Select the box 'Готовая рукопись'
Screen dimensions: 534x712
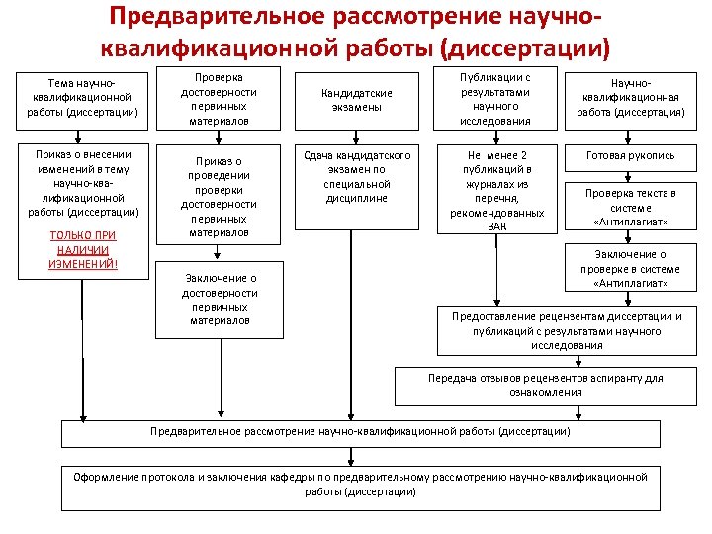pos(630,156)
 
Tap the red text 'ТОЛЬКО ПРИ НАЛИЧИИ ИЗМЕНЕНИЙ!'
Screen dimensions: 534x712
pos(83,250)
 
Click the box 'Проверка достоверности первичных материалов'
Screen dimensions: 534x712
pos(219,99)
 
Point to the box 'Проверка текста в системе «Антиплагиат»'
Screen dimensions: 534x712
pos(630,208)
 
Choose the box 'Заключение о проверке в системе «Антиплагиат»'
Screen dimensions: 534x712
pos(630,268)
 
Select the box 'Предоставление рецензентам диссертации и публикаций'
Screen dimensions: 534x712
pos(567,331)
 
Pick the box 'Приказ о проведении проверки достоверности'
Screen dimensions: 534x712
pos(219,197)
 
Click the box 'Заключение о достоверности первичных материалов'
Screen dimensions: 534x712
pos(221,300)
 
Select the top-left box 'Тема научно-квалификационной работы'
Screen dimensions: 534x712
pos(83,99)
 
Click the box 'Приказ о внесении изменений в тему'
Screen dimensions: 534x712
pos(83,183)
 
